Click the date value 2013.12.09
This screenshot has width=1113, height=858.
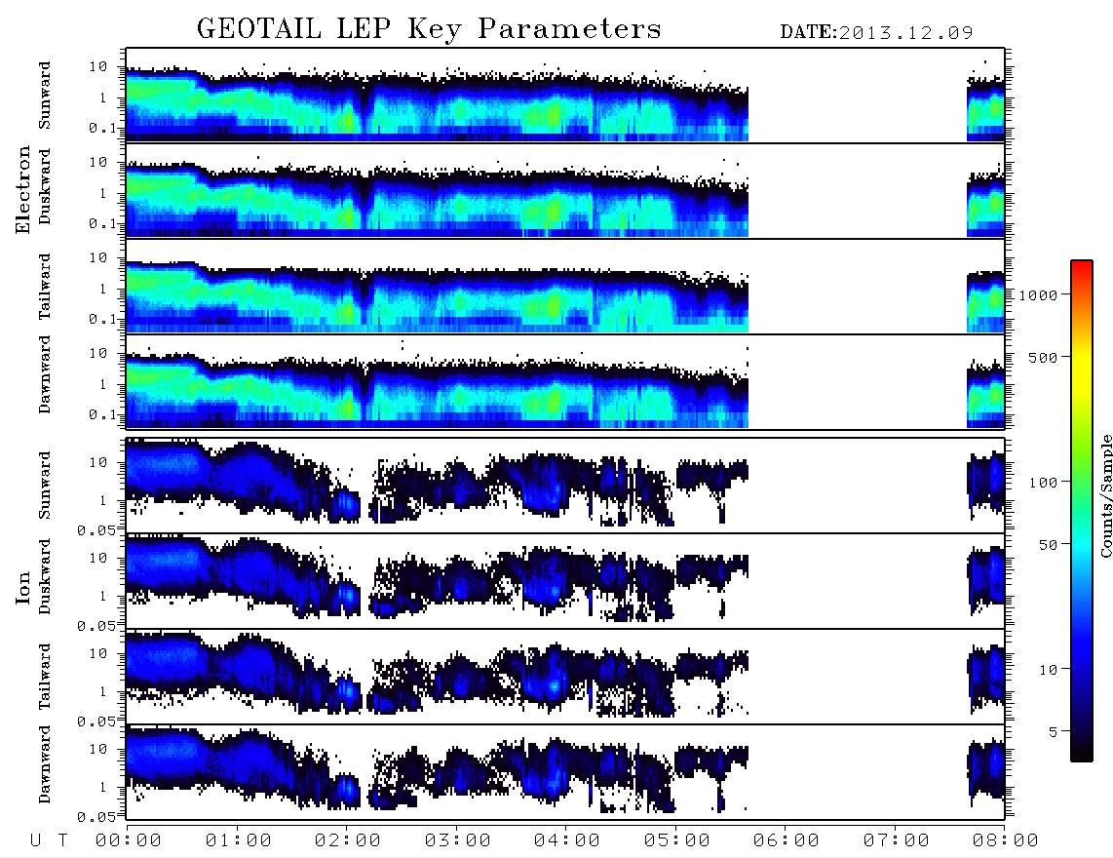pyautogui.click(x=905, y=33)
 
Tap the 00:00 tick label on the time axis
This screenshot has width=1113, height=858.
pyautogui.click(x=128, y=840)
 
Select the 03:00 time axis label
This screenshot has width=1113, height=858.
pyautogui.click(x=457, y=840)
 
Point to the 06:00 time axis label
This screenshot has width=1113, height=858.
pyautogui.click(x=786, y=840)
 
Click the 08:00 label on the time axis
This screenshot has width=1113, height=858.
pyautogui.click(x=1005, y=840)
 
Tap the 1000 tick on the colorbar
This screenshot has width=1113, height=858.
pyautogui.click(x=1038, y=294)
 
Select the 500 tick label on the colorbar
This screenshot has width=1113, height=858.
pyautogui.click(x=1043, y=357)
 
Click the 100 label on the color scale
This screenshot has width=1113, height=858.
pyautogui.click(x=1043, y=483)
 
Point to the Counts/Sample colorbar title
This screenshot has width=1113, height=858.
pyautogui.click(x=1105, y=495)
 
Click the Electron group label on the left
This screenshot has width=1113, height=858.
pyautogui.click(x=22, y=189)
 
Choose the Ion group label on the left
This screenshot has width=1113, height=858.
pyautogui.click(x=22, y=588)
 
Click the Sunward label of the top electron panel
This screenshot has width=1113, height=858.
pyautogui.click(x=45, y=96)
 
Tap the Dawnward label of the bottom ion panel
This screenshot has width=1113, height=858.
pyautogui.click(x=45, y=763)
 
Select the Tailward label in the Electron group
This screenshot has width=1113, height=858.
pyautogui.click(x=45, y=287)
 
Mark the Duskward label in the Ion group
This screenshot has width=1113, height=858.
pyautogui.click(x=45, y=576)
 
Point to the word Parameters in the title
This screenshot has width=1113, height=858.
pyautogui.click(x=569, y=29)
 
